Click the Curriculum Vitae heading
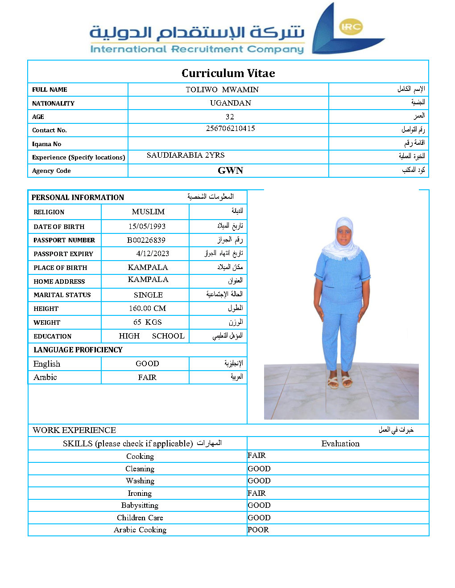coord(228,73)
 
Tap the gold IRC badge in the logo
coord(351,27)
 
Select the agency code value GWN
coord(230,171)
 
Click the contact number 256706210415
coord(230,128)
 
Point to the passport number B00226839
coord(146,240)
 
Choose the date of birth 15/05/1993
coord(147,226)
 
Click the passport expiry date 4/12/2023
coord(153,253)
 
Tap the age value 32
coord(230,117)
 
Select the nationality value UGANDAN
coord(230,103)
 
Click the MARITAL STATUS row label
coord(62,295)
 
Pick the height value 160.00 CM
coord(147,308)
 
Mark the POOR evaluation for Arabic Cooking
coord(258,530)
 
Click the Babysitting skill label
coord(140,505)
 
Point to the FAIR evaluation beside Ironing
coord(256,493)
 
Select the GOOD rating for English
coord(147,363)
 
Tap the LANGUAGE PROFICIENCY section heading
coord(78,350)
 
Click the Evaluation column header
coord(340,443)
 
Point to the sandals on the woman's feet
coord(339,382)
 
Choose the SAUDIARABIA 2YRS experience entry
coord(186,155)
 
